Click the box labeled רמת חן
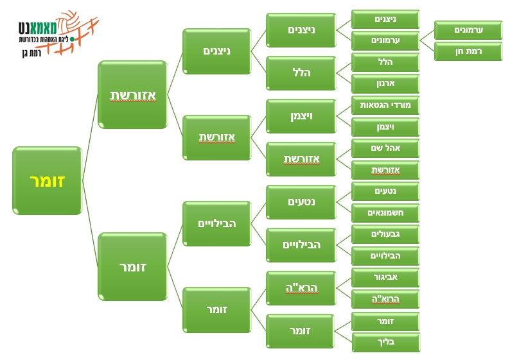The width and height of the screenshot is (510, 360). tap(468, 51)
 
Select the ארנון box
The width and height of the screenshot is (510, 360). tap(385, 83)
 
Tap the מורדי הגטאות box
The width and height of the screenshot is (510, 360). tap(385, 105)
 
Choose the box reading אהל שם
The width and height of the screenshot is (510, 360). tap(385, 148)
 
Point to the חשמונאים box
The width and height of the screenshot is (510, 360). tap(385, 212)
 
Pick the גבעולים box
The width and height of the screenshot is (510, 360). tap(385, 234)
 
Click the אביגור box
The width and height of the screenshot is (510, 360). tap(385, 277)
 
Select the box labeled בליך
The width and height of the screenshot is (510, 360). tap(385, 342)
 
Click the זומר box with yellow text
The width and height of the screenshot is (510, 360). tap(47, 180)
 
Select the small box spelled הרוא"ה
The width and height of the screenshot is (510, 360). tap(385, 299)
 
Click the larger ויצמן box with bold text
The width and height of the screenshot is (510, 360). tap(301, 116)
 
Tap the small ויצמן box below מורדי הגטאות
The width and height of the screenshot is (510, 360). tap(385, 127)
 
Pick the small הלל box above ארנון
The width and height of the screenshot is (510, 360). tap(385, 62)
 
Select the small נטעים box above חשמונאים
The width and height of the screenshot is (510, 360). tap(385, 191)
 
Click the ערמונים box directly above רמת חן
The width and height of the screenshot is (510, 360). tap(468, 30)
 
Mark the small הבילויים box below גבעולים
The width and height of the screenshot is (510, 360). tap(385, 256)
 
